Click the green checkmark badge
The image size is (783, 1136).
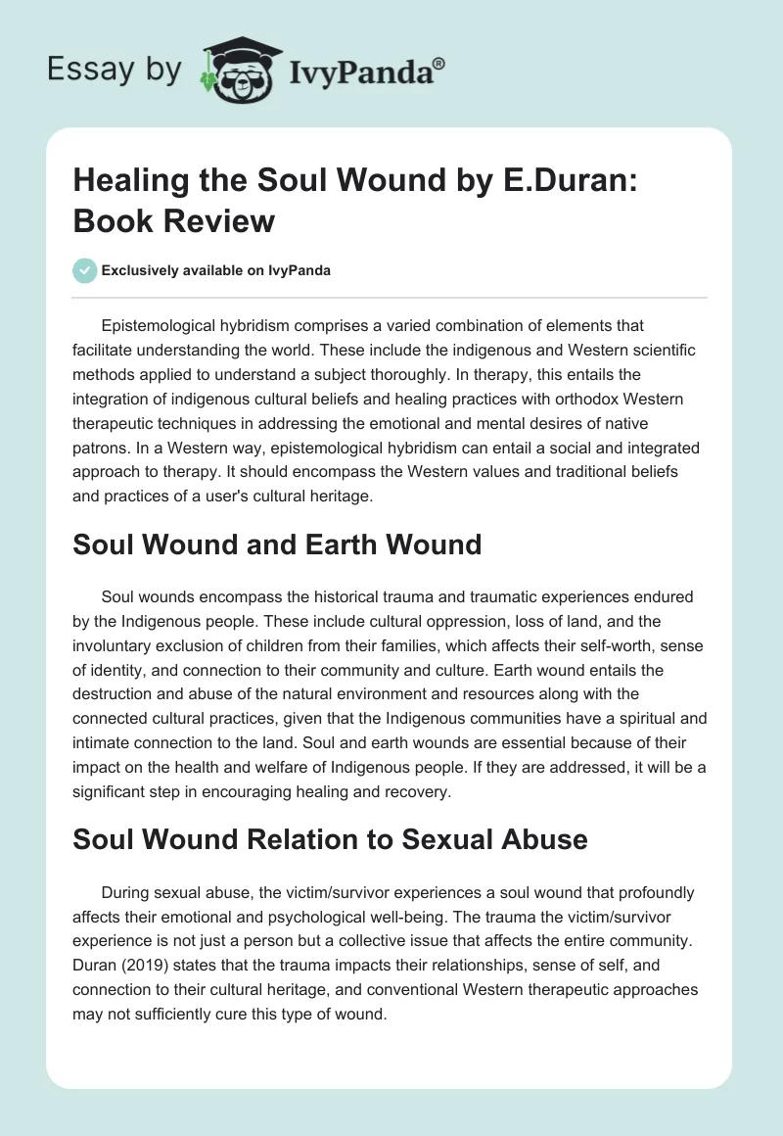tap(84, 270)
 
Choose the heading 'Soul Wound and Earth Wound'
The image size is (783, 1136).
tap(277, 544)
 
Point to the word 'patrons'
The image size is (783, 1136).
tap(102, 449)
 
